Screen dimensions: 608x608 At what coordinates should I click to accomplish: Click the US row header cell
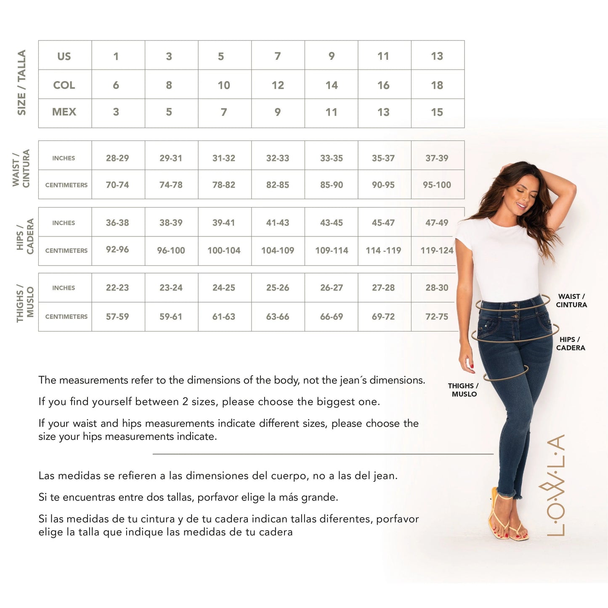64,56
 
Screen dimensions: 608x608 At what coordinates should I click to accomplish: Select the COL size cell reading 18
437,85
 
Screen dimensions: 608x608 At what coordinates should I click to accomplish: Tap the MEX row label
64,112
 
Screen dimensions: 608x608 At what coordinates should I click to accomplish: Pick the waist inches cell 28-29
117,158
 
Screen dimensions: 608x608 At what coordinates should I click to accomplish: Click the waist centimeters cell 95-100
437,185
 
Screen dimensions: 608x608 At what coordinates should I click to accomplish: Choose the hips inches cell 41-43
278,223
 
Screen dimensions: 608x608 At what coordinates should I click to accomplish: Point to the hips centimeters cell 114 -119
383,250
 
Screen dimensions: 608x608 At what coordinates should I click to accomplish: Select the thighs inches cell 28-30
437,288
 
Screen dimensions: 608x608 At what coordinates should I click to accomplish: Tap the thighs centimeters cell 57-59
117,316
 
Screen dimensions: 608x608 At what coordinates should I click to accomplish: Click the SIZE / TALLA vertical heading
21,83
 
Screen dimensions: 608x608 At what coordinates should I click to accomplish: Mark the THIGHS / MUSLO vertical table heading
25,302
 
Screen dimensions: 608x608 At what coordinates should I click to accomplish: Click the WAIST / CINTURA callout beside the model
571,300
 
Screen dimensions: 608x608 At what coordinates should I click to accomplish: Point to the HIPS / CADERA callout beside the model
570,343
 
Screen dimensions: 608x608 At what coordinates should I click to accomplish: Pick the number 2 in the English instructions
185,402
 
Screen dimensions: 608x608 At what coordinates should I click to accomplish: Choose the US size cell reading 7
278,56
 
